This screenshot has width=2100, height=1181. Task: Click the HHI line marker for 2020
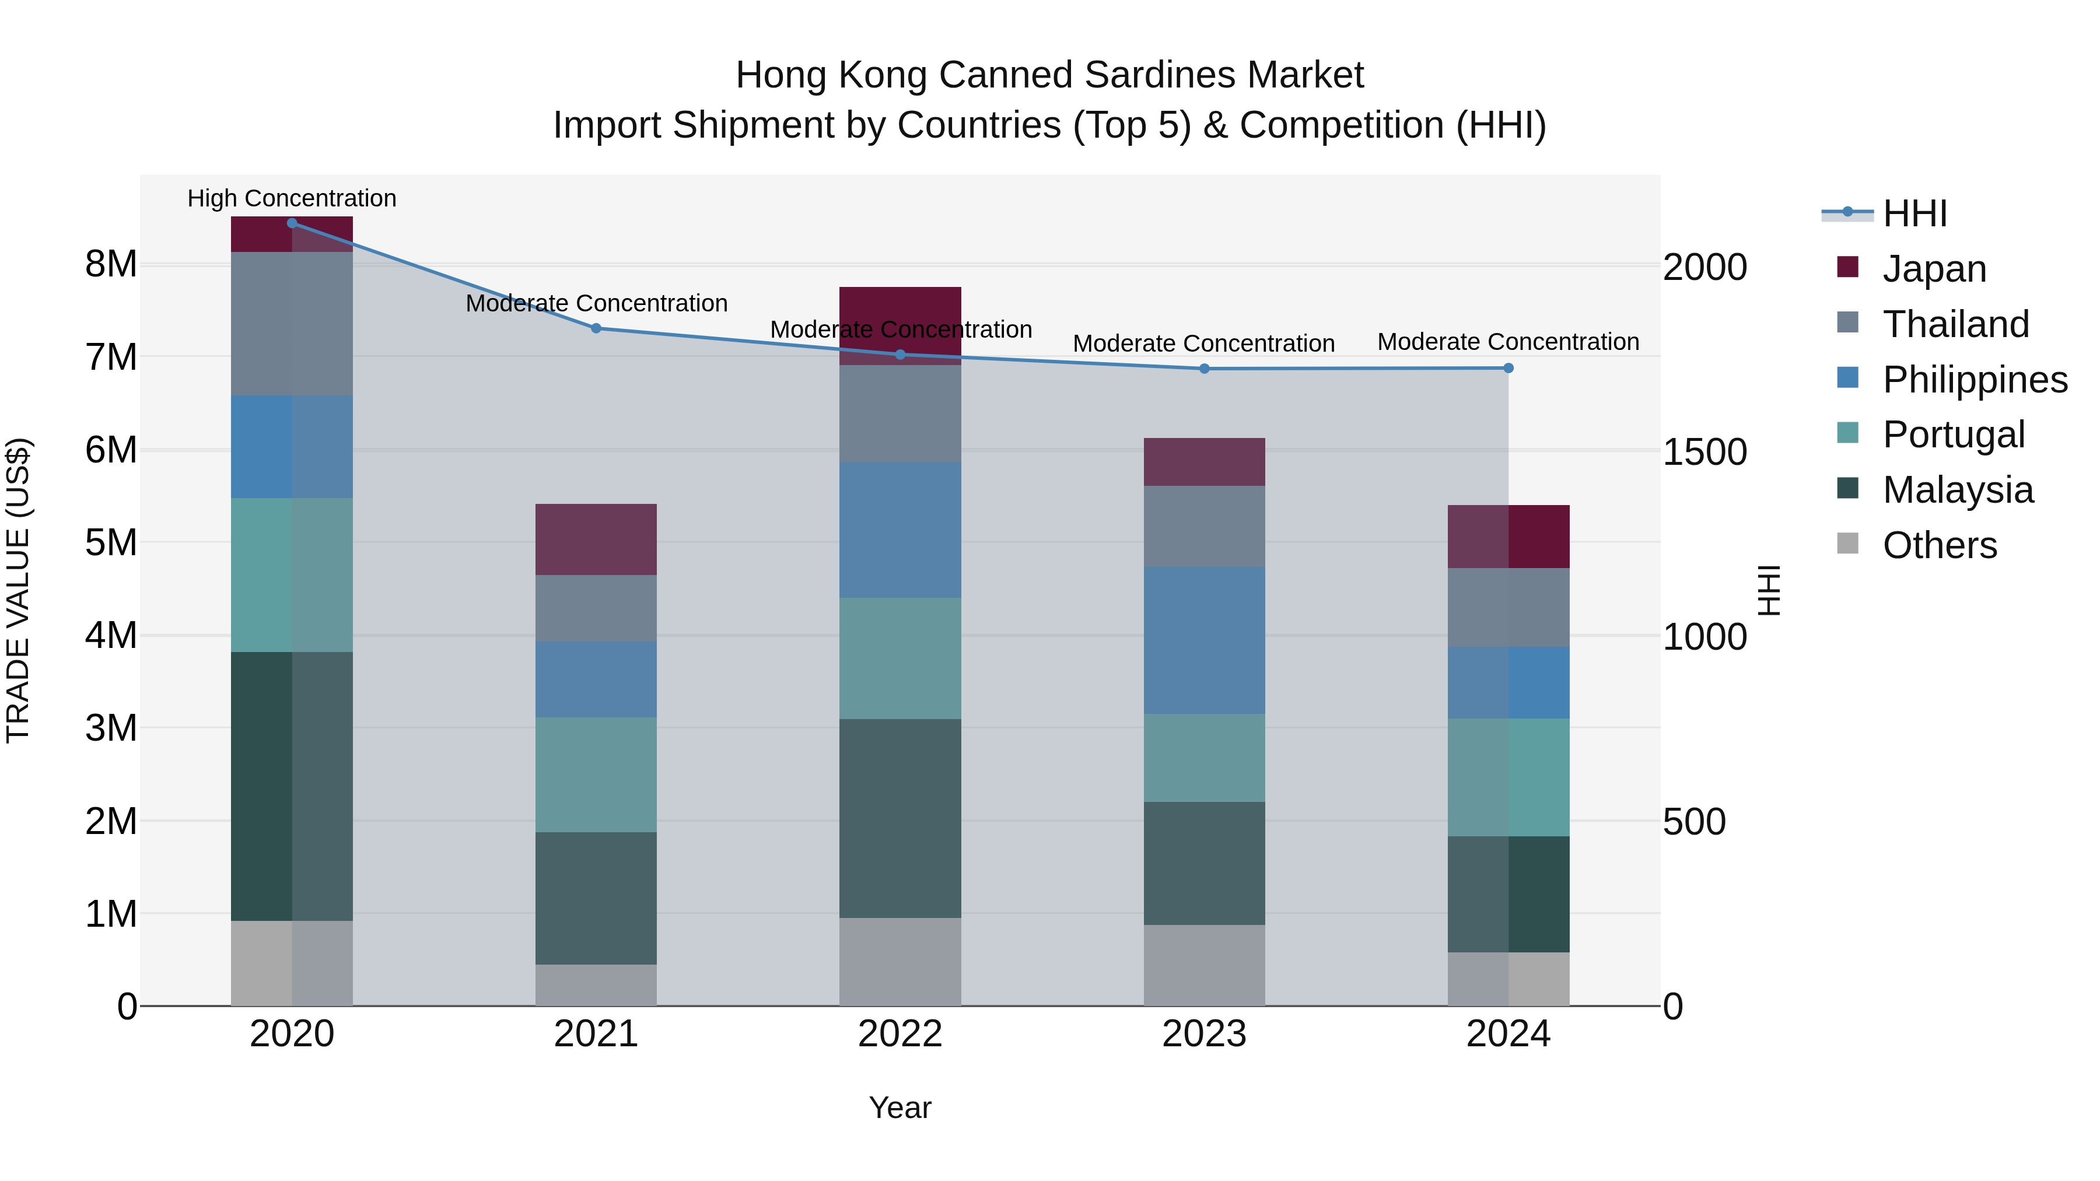pos(292,223)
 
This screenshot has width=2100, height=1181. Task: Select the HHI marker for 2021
pos(596,328)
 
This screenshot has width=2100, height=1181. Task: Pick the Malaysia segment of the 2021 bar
pos(596,898)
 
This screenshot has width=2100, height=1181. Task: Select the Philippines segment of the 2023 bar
pos(1204,640)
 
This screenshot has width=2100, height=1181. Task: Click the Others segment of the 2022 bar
pos(900,962)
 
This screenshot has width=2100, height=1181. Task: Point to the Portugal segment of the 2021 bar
pos(596,775)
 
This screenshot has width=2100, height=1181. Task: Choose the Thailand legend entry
pos(1955,324)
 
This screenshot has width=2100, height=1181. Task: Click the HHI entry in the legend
pos(1914,213)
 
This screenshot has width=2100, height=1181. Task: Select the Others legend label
pos(1940,545)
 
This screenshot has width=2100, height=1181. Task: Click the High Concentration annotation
pos(292,198)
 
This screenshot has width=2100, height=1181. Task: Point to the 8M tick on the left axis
pos(111,264)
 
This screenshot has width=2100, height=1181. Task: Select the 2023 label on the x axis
pos(1204,1034)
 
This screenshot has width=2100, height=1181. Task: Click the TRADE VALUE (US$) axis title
pos(18,590)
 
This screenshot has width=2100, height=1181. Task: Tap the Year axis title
pos(900,1108)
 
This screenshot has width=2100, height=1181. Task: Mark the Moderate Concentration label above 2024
pos(1508,342)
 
